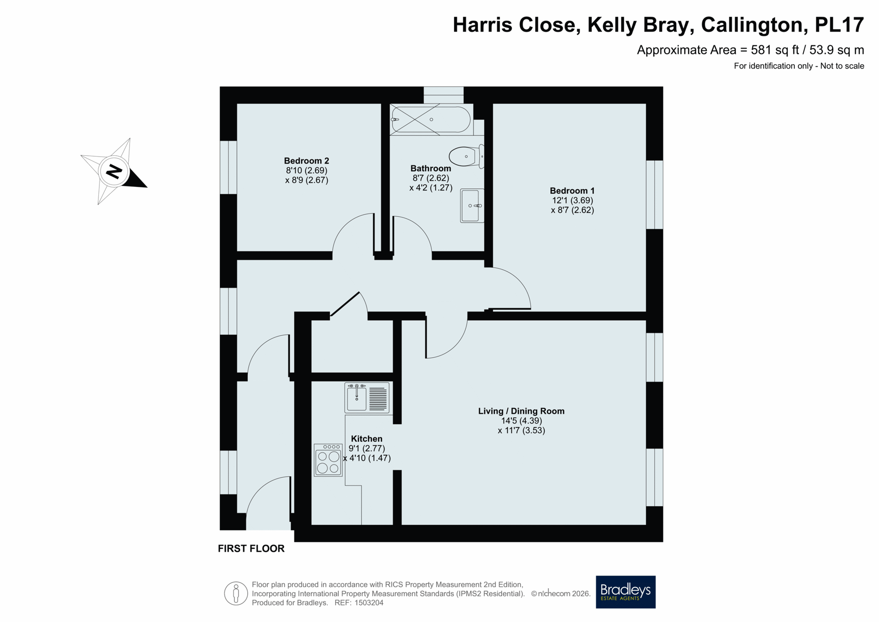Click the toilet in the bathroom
466,156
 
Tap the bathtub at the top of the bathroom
431,120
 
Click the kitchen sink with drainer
367,398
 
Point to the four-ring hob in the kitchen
328,460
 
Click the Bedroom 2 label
306,161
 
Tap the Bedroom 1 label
572,191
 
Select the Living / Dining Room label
521,411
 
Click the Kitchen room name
366,438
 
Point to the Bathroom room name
430,168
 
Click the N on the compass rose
114,172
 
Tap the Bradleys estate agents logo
625,592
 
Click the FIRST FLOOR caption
251,548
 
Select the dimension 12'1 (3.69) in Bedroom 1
572,200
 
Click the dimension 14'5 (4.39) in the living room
521,420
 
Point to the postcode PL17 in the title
839,25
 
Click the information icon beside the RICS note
236,594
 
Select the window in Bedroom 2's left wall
228,167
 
